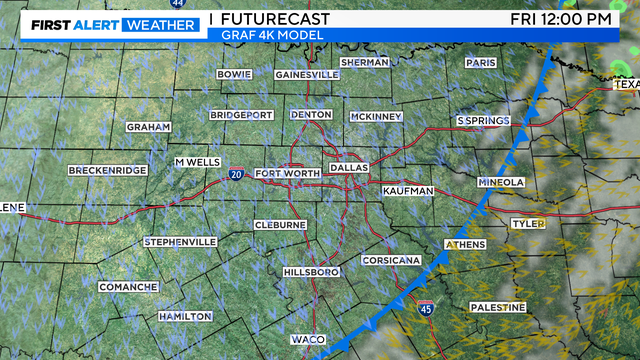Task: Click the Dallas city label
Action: point(348,167)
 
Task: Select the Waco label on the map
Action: point(307,340)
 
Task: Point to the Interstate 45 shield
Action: point(426,309)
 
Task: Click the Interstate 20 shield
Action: point(236,174)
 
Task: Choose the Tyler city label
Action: point(527,223)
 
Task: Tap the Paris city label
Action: point(480,62)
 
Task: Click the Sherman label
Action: point(364,62)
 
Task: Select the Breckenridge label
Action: point(108,171)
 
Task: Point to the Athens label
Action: point(465,244)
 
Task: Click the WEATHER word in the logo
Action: point(160,24)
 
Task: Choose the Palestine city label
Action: point(497,306)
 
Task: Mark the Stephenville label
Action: point(180,242)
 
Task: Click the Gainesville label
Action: point(307,75)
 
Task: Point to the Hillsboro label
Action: point(310,272)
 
